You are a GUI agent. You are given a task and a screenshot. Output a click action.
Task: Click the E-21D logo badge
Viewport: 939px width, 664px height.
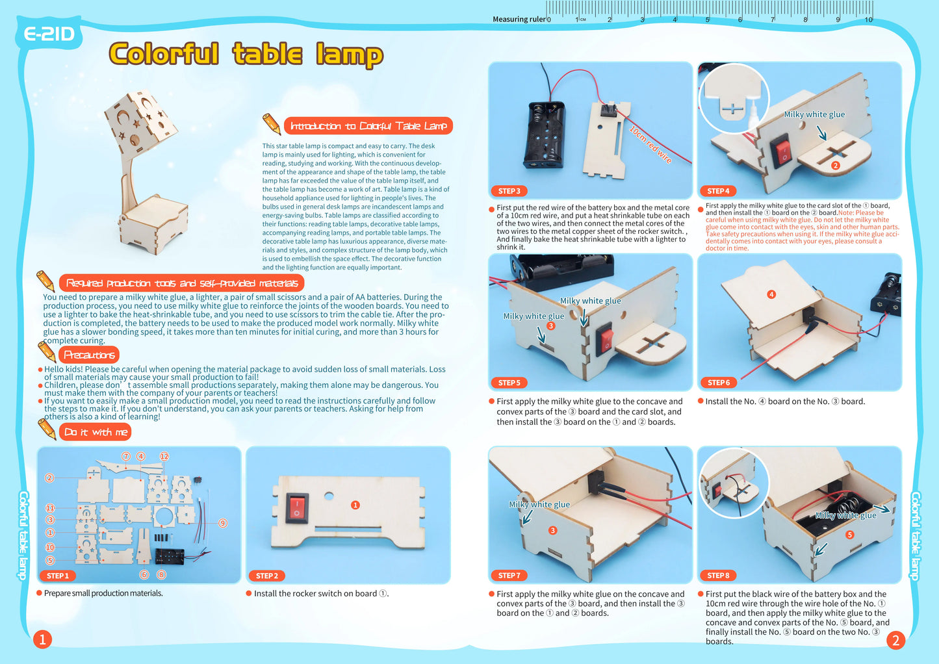(x=49, y=34)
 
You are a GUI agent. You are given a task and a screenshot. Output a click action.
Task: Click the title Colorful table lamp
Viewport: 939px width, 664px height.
(x=246, y=54)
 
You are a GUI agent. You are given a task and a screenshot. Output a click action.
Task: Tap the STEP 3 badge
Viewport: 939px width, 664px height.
(x=509, y=191)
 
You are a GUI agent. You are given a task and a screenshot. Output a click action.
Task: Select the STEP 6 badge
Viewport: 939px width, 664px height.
(x=718, y=383)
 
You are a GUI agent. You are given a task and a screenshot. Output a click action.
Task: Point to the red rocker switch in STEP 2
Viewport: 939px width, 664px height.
(x=298, y=507)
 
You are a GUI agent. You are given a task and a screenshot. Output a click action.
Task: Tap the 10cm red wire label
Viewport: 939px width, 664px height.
(x=650, y=144)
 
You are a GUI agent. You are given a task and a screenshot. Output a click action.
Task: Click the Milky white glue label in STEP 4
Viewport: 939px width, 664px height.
(x=814, y=114)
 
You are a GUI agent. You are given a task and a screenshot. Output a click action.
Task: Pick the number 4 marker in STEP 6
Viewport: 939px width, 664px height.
(x=771, y=294)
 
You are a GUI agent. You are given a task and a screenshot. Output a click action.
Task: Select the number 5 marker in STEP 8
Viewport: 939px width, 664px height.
(x=849, y=535)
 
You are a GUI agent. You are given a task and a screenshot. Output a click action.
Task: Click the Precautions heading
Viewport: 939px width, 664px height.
(x=89, y=355)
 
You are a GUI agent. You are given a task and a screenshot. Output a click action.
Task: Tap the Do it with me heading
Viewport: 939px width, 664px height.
(x=96, y=432)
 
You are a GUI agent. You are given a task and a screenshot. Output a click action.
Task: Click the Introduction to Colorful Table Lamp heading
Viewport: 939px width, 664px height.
(x=368, y=126)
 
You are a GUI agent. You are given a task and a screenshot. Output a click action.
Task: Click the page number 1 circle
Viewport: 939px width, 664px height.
(x=42, y=639)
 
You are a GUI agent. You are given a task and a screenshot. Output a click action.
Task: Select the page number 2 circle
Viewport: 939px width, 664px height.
(x=895, y=641)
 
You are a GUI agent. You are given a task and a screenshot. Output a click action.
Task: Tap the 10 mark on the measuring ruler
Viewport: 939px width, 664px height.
(x=868, y=19)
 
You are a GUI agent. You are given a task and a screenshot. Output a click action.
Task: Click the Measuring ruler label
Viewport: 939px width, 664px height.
(x=519, y=19)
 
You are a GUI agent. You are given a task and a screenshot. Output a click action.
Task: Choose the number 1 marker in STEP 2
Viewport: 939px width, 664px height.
(x=355, y=505)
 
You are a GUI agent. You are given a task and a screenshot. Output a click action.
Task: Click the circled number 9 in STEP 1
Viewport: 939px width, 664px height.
(x=223, y=523)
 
